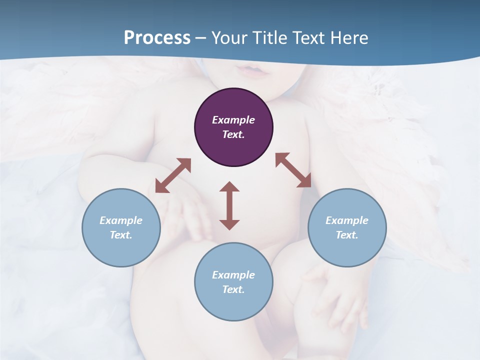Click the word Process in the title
(x=157, y=38)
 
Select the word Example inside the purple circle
(x=233, y=120)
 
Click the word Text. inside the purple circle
(x=233, y=134)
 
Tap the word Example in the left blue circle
(x=121, y=220)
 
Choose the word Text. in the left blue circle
(x=121, y=235)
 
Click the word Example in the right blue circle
(x=347, y=220)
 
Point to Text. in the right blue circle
(x=347, y=235)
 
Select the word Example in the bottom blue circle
(x=233, y=275)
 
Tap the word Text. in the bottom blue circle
(x=233, y=289)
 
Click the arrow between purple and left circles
(x=173, y=175)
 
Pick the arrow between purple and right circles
(x=293, y=170)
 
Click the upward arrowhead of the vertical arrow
(x=229, y=187)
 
